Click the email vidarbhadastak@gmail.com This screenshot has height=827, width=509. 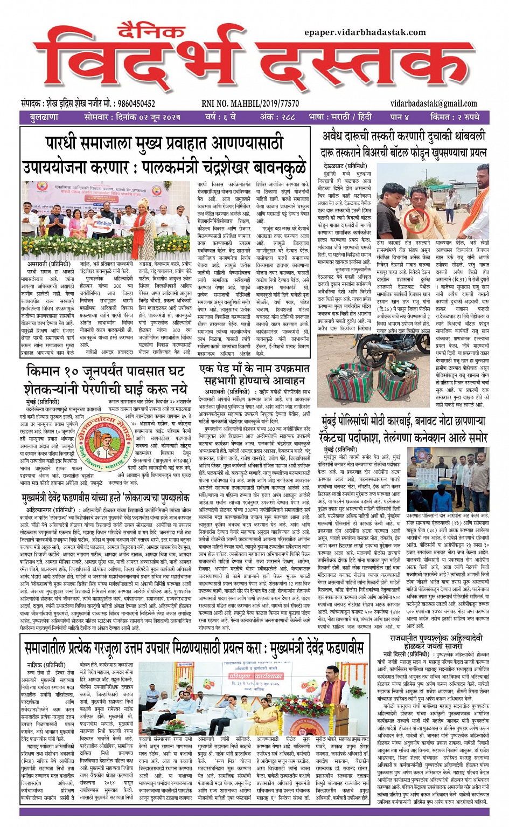pos(434,104)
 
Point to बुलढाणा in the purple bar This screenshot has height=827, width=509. pos(44,116)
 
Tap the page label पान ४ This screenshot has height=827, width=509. pos(399,116)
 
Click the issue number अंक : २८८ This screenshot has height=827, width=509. pos(277,116)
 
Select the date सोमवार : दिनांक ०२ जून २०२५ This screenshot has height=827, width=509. pos(132,116)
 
